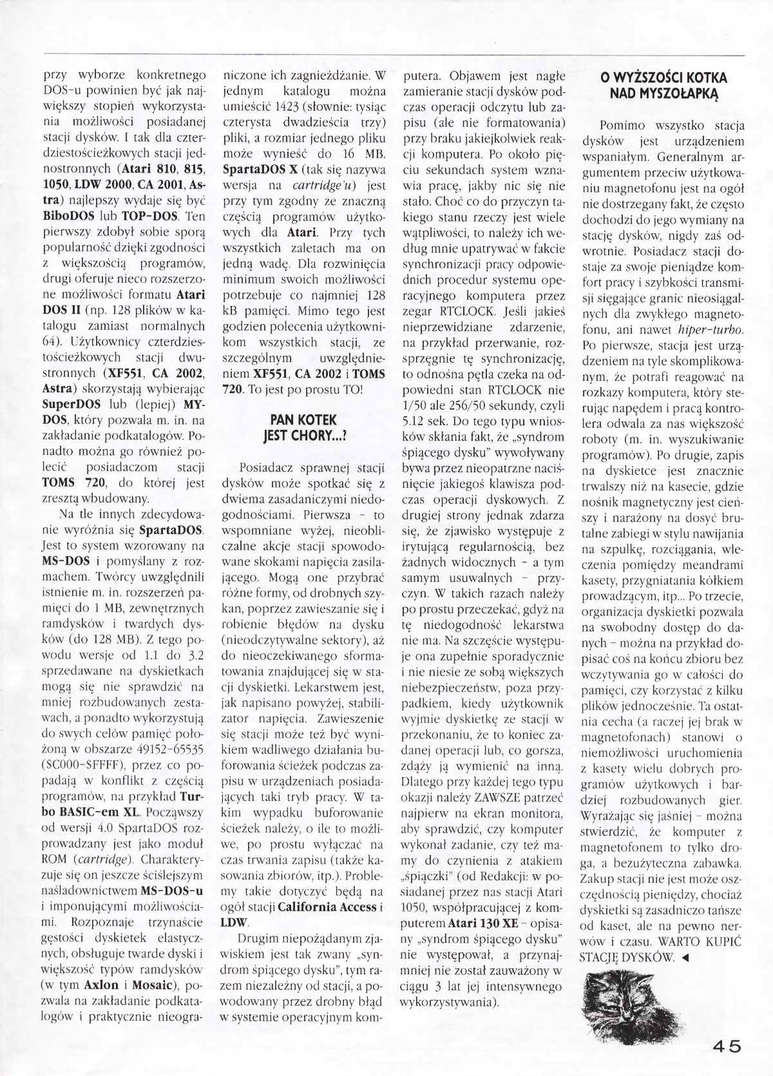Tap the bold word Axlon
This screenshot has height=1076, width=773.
pos(102,985)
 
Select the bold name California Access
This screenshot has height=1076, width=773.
pos(327,907)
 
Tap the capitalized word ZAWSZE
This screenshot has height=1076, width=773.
pos(491,798)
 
